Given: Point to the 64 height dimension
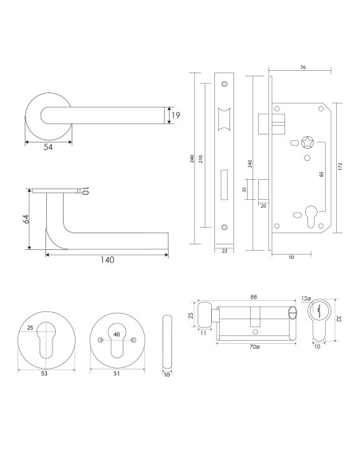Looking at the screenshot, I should click(x=25, y=219).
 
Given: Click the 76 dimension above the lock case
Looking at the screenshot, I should click(x=303, y=68).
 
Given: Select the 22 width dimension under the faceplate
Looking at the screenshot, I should click(x=225, y=252).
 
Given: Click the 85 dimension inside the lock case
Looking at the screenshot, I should click(x=320, y=177).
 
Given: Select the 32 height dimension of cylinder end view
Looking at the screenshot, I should click(x=341, y=318).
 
